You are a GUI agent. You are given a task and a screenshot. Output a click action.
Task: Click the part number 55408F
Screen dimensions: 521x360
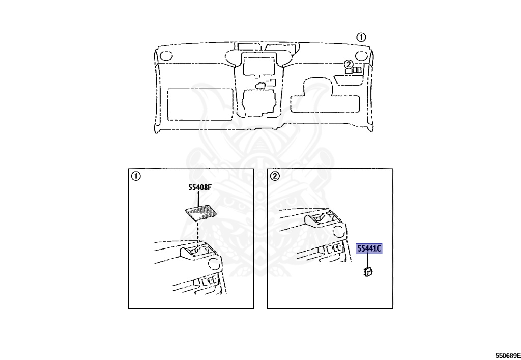(197, 188)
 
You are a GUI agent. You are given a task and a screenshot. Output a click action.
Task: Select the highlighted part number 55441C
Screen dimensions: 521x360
(369, 248)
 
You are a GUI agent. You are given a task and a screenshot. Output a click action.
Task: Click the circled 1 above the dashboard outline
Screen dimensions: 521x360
(360, 37)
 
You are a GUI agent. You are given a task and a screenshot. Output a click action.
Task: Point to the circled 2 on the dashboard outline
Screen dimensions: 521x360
(348, 64)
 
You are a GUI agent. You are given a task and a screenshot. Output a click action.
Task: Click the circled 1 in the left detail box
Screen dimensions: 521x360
(135, 176)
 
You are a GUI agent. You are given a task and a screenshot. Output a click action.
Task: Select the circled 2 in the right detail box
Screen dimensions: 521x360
(275, 176)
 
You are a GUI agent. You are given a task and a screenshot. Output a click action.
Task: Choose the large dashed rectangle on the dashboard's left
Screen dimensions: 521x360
(200, 104)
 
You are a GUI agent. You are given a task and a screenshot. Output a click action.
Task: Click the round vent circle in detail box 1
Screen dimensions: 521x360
(216, 264)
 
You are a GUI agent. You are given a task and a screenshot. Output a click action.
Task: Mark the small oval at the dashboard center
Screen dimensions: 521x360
(260, 85)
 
